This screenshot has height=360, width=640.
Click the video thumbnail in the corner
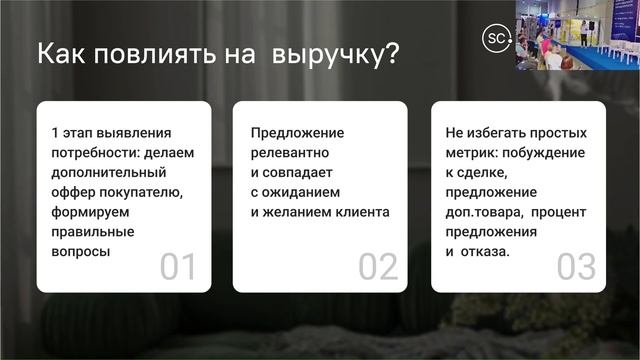coord(577,35)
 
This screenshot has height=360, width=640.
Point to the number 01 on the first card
coord(179,267)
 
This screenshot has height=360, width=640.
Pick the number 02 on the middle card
coord(378,267)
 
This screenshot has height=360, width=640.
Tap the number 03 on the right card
coord(576,267)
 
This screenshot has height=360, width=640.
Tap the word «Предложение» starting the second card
coord(297,132)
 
